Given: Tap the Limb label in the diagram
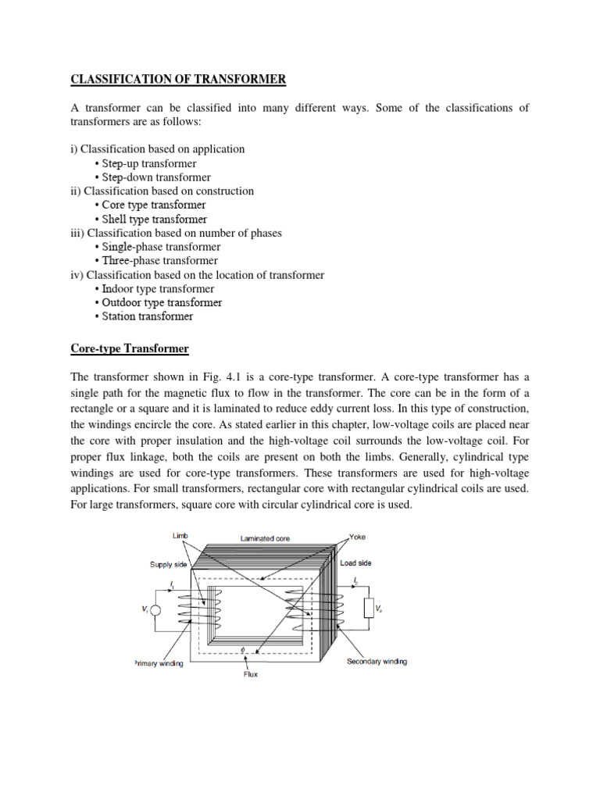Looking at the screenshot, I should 179,537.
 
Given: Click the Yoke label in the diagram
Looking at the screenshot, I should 358,537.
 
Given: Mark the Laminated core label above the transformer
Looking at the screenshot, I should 266,539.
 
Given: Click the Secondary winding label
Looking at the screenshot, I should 377,662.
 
